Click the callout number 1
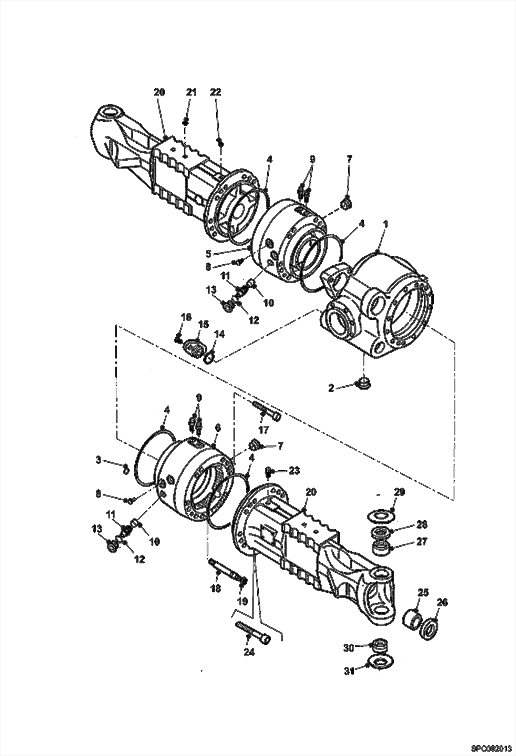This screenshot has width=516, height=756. click(386, 224)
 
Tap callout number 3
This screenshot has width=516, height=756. click(99, 460)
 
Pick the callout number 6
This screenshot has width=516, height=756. click(218, 428)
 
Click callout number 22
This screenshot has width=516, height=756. click(216, 92)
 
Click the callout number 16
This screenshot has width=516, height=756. click(186, 317)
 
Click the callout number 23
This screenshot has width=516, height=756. click(294, 470)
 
